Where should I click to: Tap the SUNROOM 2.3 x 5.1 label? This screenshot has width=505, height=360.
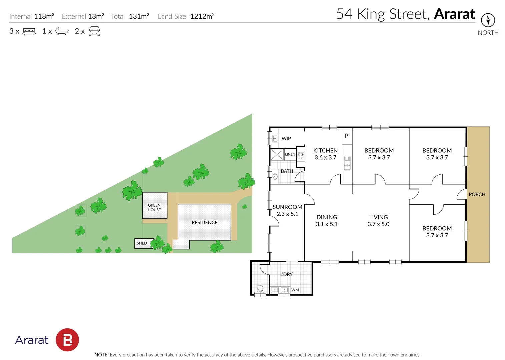[x=287, y=210]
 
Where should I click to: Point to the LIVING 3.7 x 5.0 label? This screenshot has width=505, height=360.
[x=378, y=220]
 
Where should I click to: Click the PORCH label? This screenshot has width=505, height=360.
[x=477, y=194]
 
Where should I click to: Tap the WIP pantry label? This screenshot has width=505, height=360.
[x=286, y=138]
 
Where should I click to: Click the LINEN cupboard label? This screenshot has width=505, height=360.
[x=290, y=154]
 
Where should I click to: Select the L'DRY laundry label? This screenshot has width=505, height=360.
[x=286, y=274]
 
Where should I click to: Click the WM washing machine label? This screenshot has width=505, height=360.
[x=295, y=290]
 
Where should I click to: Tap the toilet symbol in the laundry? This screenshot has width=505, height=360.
[x=260, y=289]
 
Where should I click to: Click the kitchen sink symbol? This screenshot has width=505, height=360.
[x=347, y=163]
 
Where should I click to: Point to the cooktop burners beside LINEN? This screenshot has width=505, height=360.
[x=301, y=156]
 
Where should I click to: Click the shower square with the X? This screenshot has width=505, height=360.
[x=277, y=155]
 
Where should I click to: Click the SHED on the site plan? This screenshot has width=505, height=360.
[x=142, y=243]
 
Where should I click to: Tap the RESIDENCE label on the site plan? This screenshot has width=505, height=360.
[x=204, y=222]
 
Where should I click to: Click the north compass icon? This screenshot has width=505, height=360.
[x=488, y=20]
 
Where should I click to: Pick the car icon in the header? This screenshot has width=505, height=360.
[x=94, y=31]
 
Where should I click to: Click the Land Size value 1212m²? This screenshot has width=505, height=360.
[x=202, y=16]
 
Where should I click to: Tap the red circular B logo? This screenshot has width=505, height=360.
[x=67, y=340]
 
